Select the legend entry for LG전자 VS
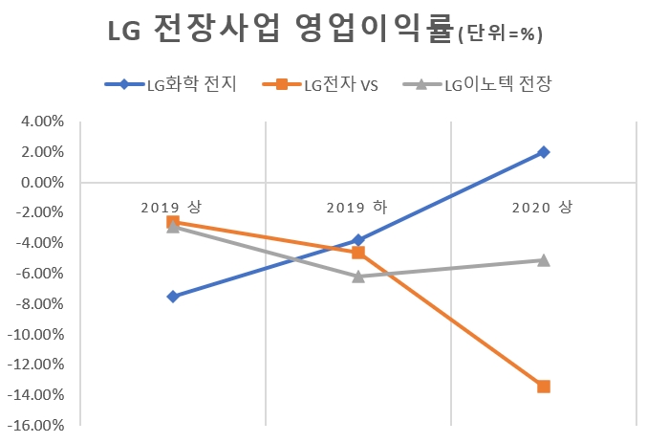(340, 85)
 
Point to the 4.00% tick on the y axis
(41, 122)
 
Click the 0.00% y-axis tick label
(41, 183)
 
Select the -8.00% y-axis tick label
(38, 304)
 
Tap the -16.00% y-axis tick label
(35, 426)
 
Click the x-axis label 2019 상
(172, 208)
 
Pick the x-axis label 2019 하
(357, 208)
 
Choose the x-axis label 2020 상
(543, 208)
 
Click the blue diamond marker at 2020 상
(543, 152)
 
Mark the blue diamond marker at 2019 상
(172, 297)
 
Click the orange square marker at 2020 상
(543, 387)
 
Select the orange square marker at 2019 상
(172, 222)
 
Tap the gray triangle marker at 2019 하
(357, 276)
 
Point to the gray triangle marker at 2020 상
(543, 259)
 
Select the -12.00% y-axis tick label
(35, 365)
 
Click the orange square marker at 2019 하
(357, 253)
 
